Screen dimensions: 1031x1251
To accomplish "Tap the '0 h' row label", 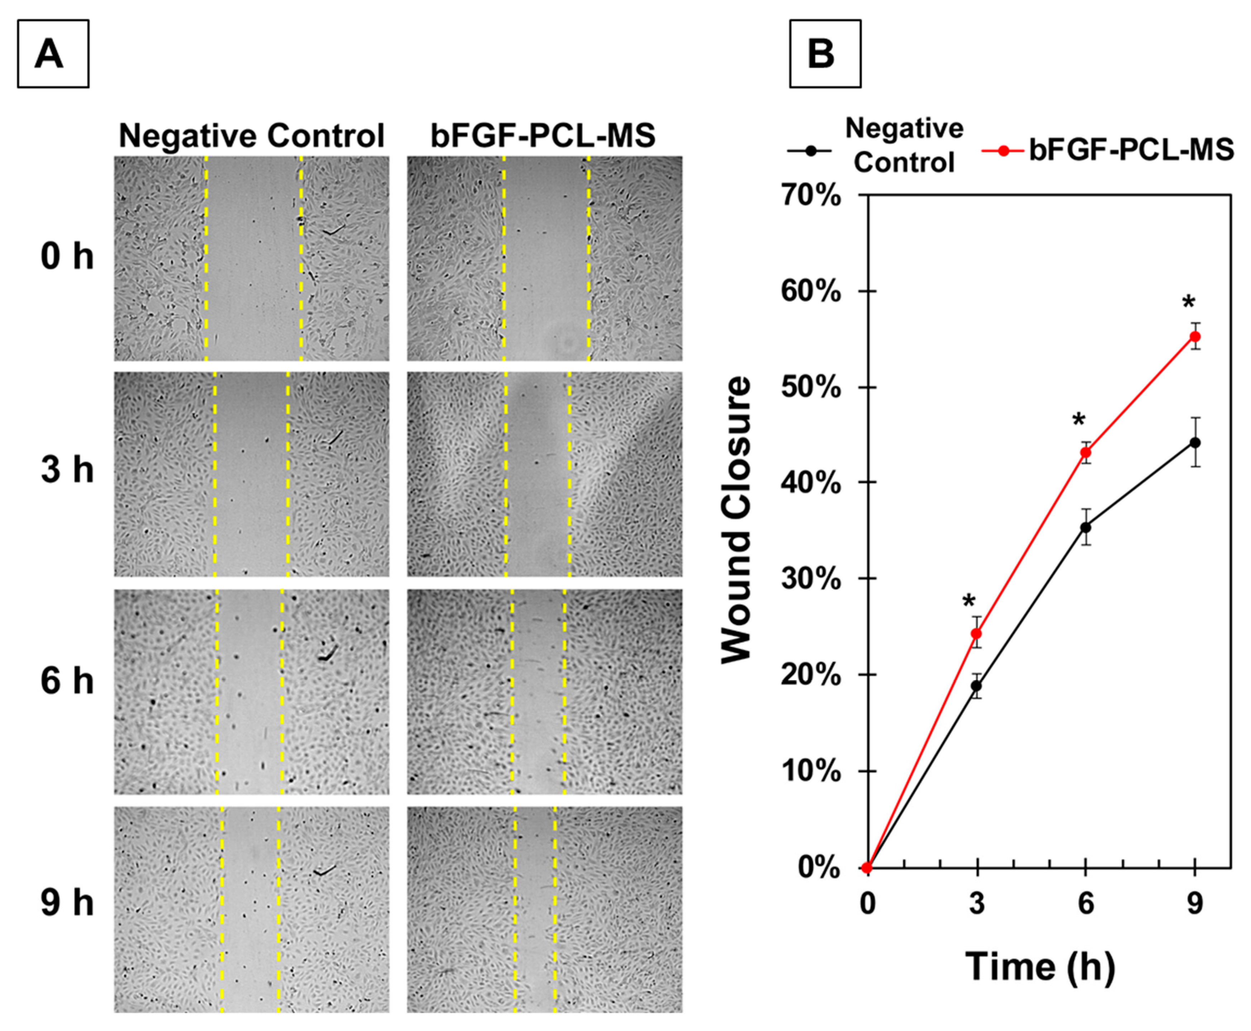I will [x=67, y=257].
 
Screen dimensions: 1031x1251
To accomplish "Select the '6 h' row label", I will [x=67, y=681].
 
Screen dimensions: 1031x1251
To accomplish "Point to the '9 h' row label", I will [x=67, y=903].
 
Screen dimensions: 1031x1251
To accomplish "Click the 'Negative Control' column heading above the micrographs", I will [x=251, y=136].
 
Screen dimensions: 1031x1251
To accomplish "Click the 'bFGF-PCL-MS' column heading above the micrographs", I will [x=543, y=136].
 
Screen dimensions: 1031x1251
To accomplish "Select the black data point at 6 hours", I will [x=1085, y=527].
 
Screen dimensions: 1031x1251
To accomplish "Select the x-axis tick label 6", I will [x=1085, y=903].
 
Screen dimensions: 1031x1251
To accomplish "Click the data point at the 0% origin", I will [x=867, y=868].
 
